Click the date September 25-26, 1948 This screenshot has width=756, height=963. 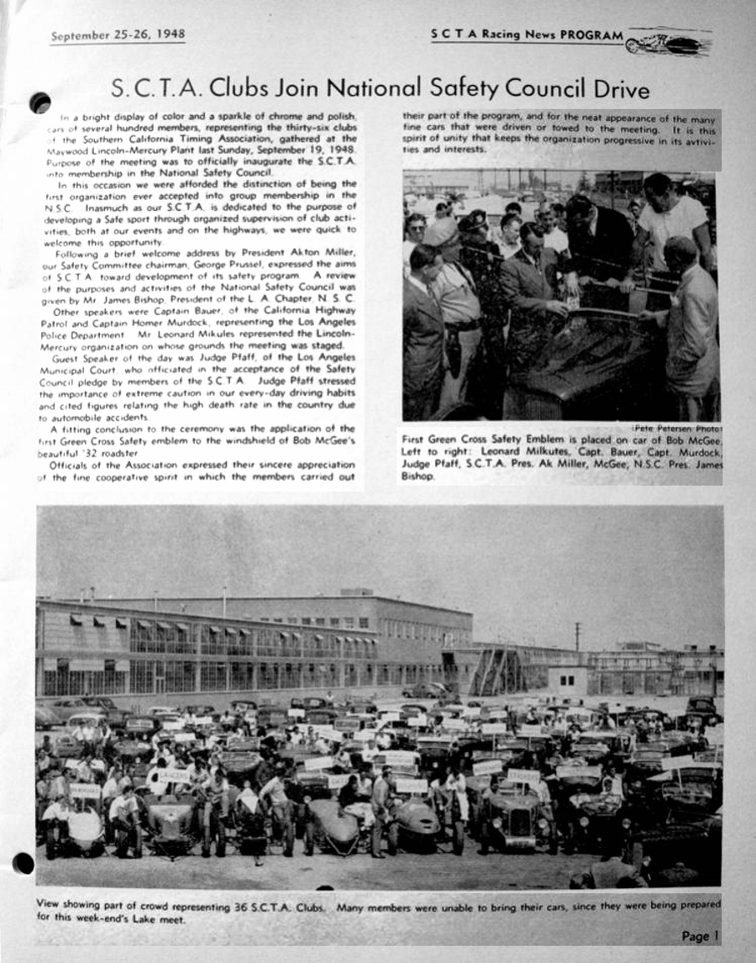117,36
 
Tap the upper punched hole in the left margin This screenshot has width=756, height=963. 39,103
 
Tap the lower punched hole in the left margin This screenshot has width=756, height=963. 23,863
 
